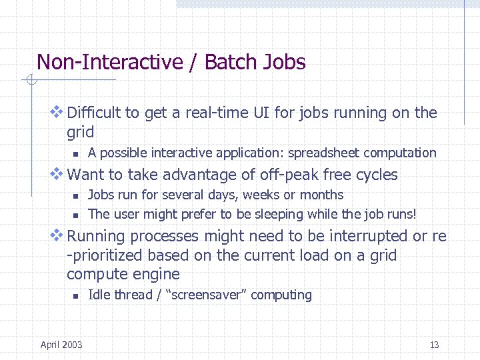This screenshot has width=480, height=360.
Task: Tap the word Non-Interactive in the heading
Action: pyautogui.click(x=109, y=62)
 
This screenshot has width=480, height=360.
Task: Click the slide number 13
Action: pyautogui.click(x=434, y=345)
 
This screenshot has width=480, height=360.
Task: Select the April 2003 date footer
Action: pyautogui.click(x=61, y=345)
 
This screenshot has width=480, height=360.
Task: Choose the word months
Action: pyautogui.click(x=323, y=195)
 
